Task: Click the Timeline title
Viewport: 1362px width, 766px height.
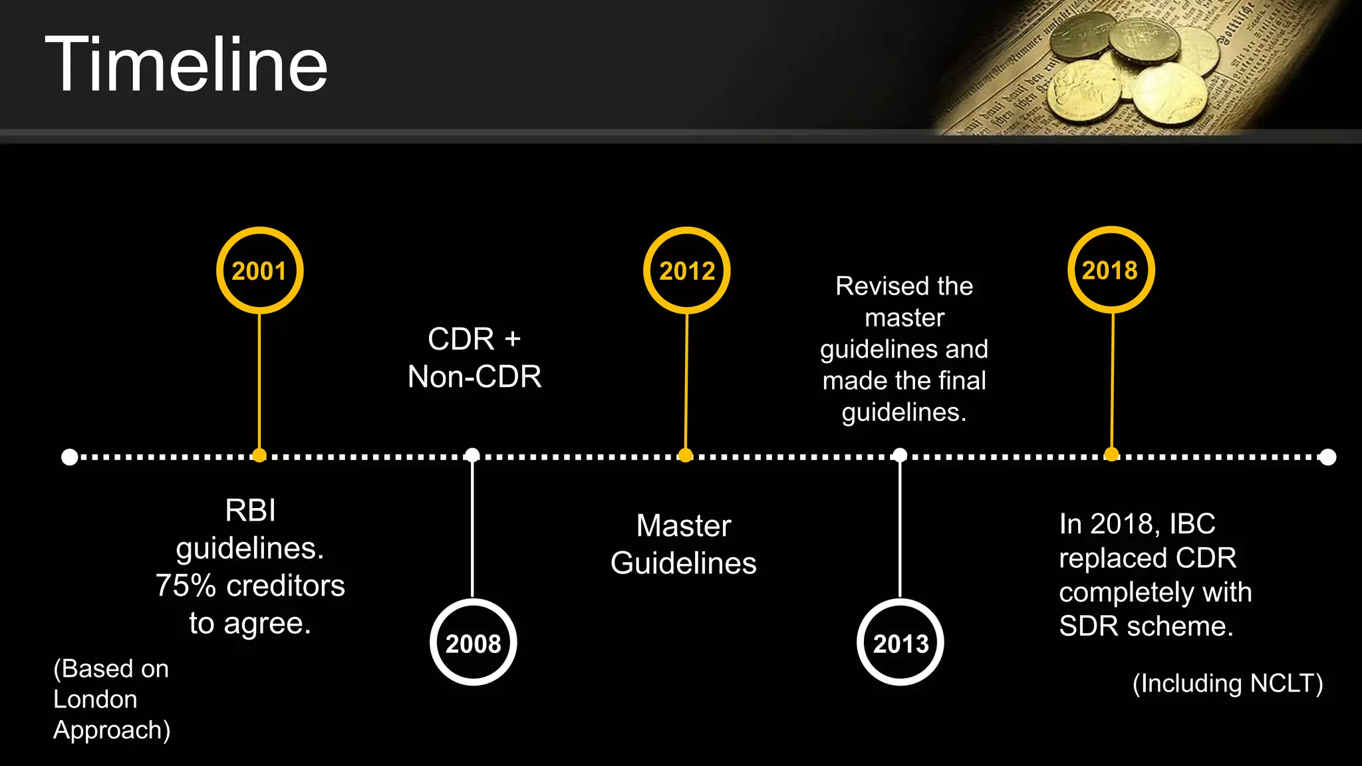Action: (186, 65)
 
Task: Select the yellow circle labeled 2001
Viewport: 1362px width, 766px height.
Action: (259, 270)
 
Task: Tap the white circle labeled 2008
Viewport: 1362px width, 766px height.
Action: (473, 642)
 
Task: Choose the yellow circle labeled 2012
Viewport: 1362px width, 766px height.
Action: (686, 270)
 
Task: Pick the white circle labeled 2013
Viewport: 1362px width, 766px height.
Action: (900, 642)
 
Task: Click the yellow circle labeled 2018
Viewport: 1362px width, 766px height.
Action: (1111, 269)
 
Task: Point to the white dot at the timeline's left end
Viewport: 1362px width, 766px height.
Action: (69, 457)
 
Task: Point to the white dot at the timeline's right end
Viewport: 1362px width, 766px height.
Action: (1327, 457)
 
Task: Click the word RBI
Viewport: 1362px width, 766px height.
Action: (250, 511)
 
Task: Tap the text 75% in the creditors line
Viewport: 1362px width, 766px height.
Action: (186, 586)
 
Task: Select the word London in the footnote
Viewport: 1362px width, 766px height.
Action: (95, 700)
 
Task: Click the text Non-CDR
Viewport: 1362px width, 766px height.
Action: (474, 377)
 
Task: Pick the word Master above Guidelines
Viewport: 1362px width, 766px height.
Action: (684, 526)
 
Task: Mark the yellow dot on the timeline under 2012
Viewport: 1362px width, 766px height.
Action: (685, 455)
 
